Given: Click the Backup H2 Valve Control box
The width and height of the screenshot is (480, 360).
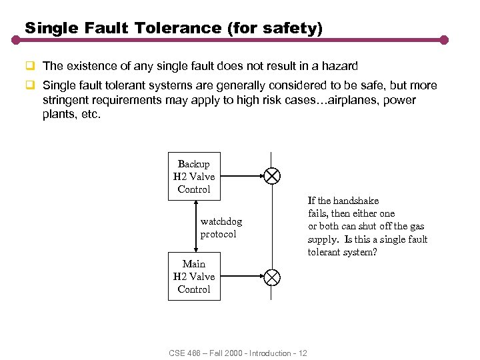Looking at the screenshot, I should coord(194,177).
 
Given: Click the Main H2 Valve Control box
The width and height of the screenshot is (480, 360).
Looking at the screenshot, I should coord(194,277).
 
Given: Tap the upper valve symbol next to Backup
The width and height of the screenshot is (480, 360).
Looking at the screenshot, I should coord(272,176).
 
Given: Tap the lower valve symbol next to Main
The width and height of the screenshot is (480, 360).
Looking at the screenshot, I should coord(272,276).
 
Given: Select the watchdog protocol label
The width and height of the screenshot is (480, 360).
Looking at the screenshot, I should coord(221,228).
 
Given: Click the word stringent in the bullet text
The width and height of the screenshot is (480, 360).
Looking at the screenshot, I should coord(63,100).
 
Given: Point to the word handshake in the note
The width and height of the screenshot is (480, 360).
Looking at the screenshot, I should coord(356,200).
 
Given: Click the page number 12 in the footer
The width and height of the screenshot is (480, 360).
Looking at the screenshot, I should coord(303,353).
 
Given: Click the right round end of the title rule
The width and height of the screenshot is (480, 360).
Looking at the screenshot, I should coord(444,40).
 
